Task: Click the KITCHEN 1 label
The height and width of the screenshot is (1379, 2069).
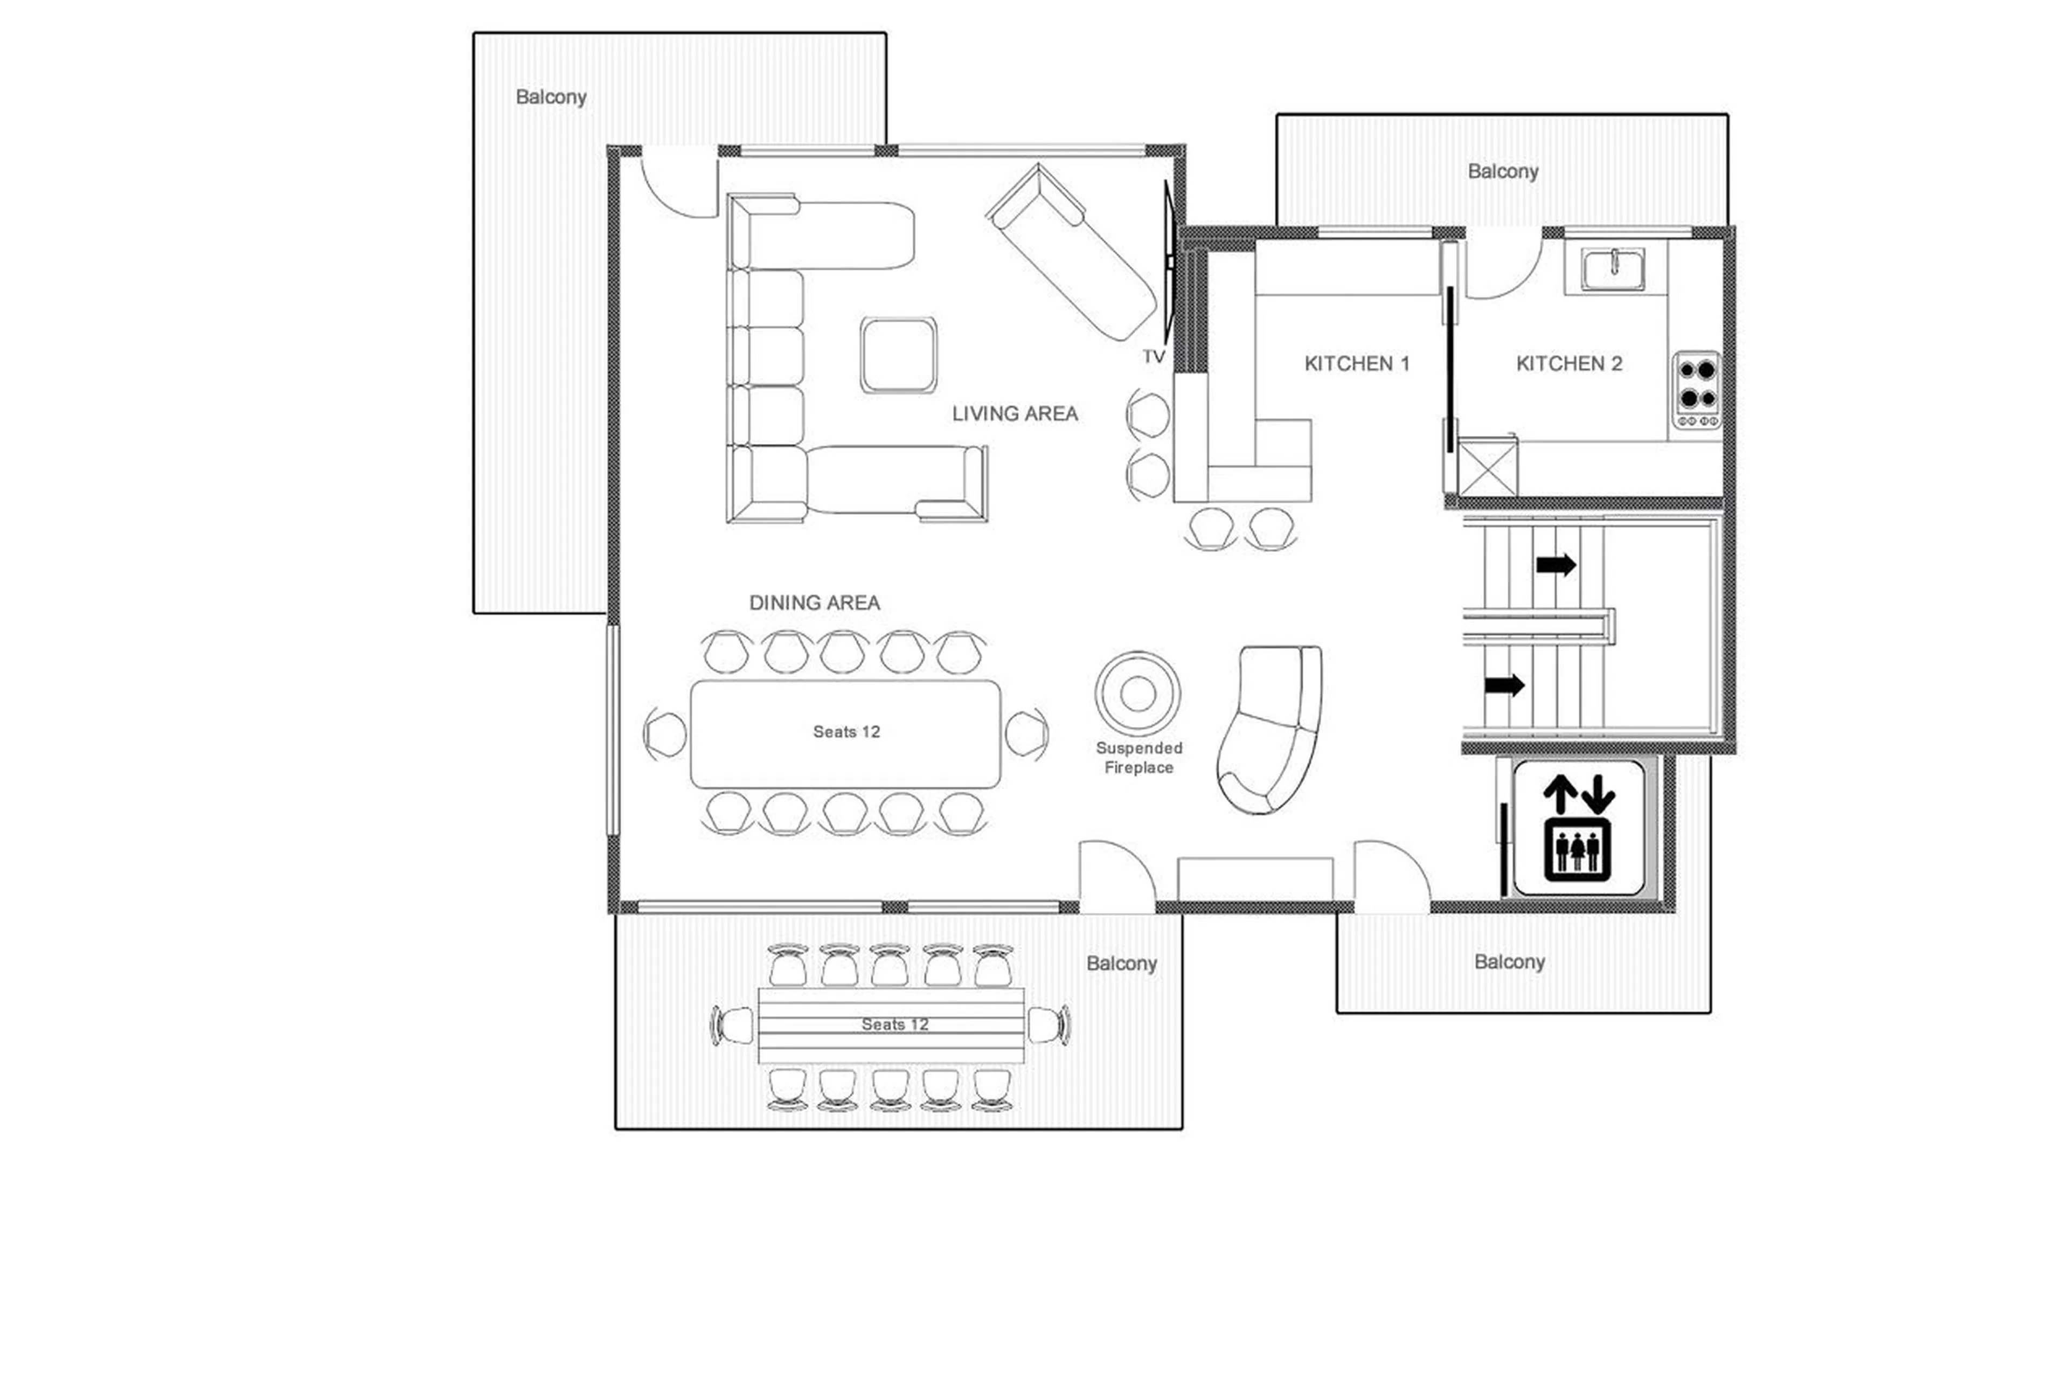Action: click(x=1356, y=363)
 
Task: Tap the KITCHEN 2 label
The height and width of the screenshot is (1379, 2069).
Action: click(x=1568, y=363)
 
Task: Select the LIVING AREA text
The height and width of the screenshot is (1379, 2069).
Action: click(x=1015, y=413)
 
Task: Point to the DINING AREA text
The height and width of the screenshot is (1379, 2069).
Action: click(x=814, y=602)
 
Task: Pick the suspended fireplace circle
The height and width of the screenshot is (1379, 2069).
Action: click(x=1138, y=694)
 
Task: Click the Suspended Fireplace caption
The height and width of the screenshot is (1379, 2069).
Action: click(x=1138, y=757)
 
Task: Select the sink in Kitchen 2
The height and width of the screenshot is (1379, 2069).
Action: click(x=1614, y=268)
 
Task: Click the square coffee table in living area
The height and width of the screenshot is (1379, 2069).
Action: click(x=898, y=355)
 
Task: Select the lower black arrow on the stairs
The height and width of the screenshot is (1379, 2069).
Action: click(x=1504, y=684)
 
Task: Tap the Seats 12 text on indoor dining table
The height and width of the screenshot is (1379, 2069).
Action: click(x=846, y=732)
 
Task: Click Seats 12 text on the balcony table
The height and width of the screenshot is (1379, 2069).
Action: click(x=894, y=1024)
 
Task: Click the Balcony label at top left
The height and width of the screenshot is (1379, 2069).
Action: click(x=551, y=97)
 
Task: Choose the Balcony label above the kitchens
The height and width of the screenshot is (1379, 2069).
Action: click(x=1503, y=171)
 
